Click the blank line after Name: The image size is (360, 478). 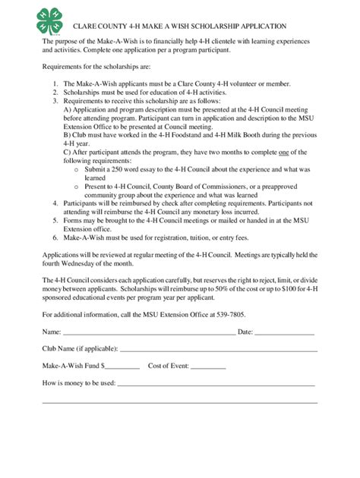[148, 332]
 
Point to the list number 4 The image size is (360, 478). [55, 204]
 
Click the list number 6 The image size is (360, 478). [55, 237]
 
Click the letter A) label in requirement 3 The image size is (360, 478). [68, 108]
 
